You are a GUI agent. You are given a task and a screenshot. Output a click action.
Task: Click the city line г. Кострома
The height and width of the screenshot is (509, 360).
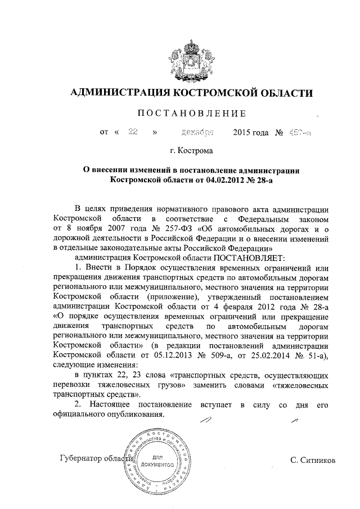click(192, 151)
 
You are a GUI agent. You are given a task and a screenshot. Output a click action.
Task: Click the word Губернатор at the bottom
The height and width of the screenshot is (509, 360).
click(82, 459)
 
